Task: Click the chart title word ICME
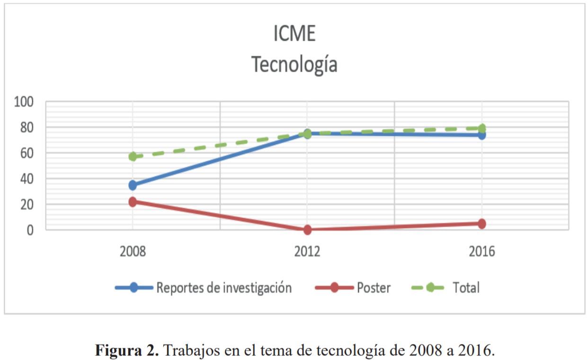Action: point(294,34)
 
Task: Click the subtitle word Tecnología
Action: point(294,64)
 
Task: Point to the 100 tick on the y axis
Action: point(24,102)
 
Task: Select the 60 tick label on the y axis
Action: point(27,153)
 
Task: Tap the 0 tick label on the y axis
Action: point(30,230)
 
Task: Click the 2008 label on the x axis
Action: point(133,252)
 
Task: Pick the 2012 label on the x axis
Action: point(307,252)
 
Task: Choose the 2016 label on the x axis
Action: point(482,252)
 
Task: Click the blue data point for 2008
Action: point(133,185)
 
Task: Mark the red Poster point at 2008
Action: point(133,202)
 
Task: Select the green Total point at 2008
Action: point(133,156)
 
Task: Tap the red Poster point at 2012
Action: point(307,230)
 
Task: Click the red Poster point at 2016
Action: point(482,224)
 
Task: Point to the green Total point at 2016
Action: point(482,128)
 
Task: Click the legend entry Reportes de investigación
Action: point(224,288)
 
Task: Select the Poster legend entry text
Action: point(374,288)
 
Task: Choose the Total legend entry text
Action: point(466,288)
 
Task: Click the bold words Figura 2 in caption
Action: point(127,350)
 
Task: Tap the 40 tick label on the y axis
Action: point(27,179)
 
